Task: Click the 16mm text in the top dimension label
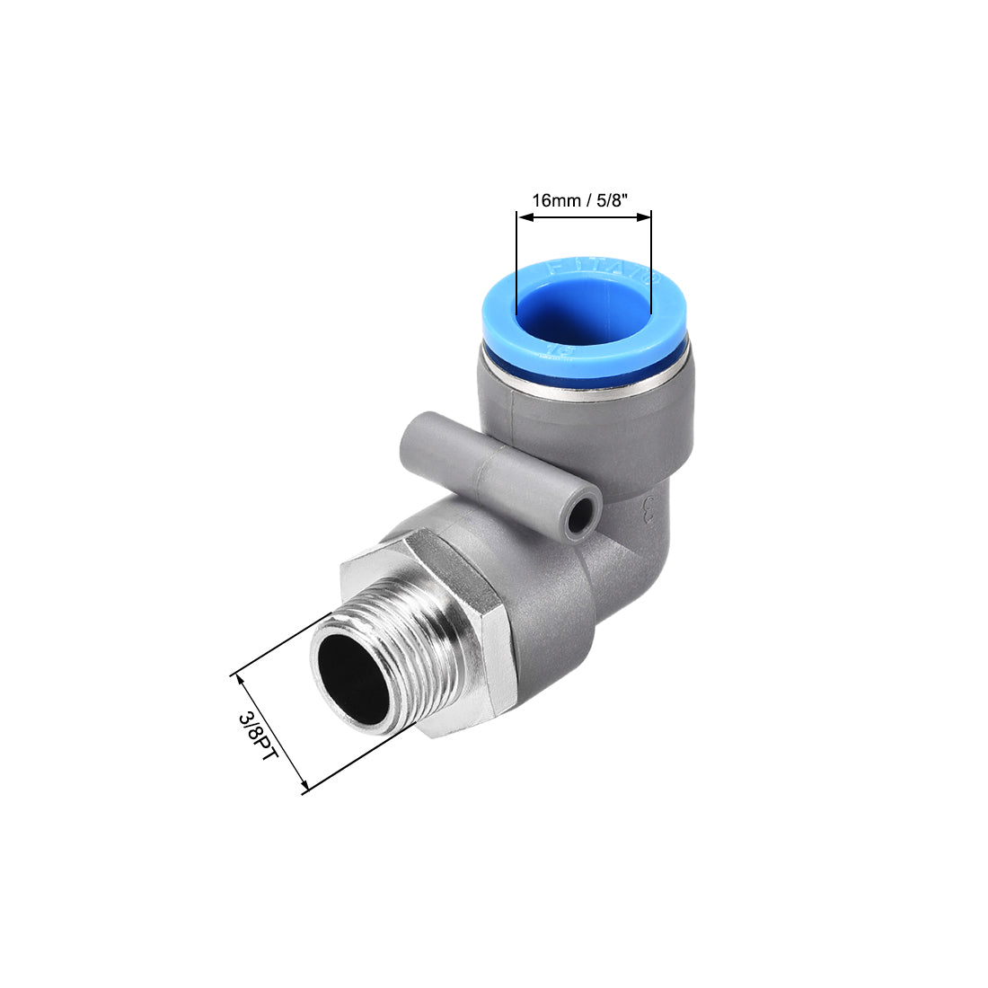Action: point(556,200)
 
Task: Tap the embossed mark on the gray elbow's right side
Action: point(648,516)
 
